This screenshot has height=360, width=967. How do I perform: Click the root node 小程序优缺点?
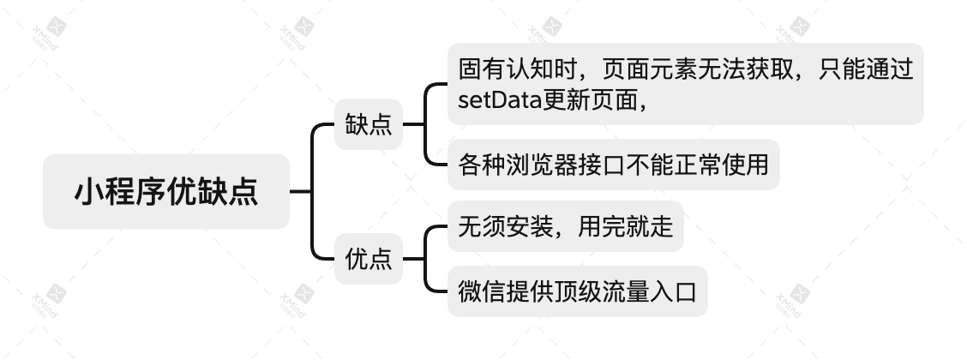[166, 191]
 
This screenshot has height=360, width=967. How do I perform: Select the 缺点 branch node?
[369, 124]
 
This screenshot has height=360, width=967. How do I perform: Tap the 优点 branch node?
[369, 258]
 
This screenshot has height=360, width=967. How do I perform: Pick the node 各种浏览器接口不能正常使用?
[613, 164]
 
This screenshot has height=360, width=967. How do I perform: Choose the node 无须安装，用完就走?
[565, 226]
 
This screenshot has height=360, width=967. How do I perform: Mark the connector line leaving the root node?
[301, 191]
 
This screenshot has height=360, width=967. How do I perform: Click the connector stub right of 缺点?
[413, 124]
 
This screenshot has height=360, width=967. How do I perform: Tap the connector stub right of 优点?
[413, 258]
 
